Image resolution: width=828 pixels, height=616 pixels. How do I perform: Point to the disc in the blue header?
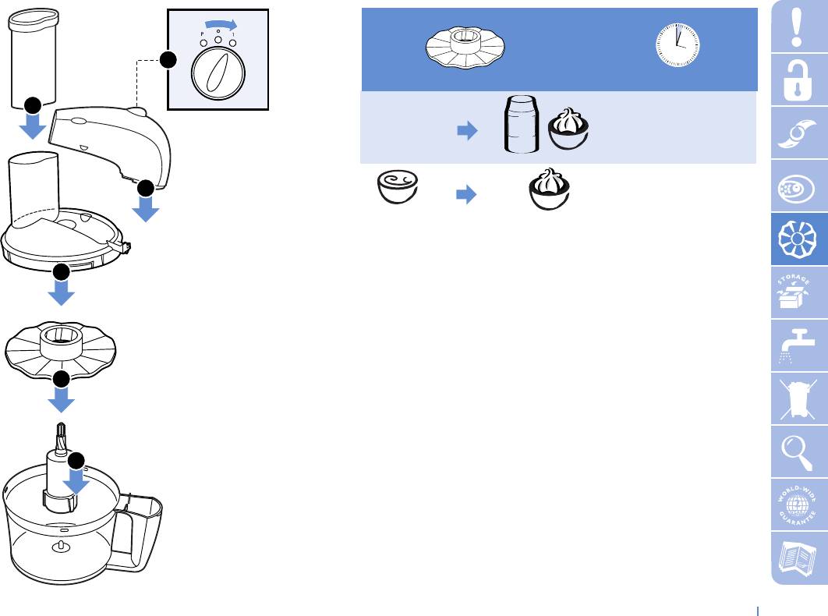(x=465, y=46)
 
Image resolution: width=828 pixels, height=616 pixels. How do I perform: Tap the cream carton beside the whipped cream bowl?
(x=521, y=125)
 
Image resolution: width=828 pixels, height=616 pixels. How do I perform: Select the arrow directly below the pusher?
(x=33, y=125)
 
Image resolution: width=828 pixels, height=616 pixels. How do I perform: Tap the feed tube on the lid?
(x=33, y=187)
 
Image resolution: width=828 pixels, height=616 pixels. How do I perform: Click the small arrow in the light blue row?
(x=465, y=133)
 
